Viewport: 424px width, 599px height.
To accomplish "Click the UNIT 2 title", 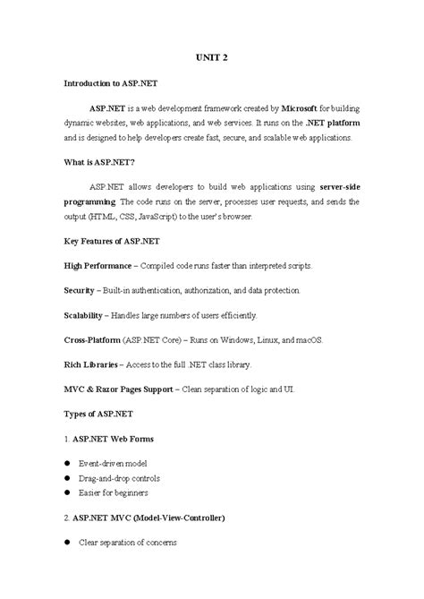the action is pyautogui.click(x=211, y=56).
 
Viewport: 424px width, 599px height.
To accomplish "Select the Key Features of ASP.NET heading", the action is pyautogui.click(x=114, y=243).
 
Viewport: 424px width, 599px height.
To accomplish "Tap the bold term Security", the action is pyautogui.click(x=80, y=291).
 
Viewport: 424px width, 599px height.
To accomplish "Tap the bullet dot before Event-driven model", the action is pyautogui.click(x=67, y=463).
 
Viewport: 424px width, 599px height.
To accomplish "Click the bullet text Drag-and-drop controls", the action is pyautogui.click(x=118, y=478).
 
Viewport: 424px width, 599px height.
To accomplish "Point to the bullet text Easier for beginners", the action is pyautogui.click(x=113, y=492).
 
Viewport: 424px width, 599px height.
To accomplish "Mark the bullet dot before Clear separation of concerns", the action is pyautogui.click(x=67, y=542).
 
